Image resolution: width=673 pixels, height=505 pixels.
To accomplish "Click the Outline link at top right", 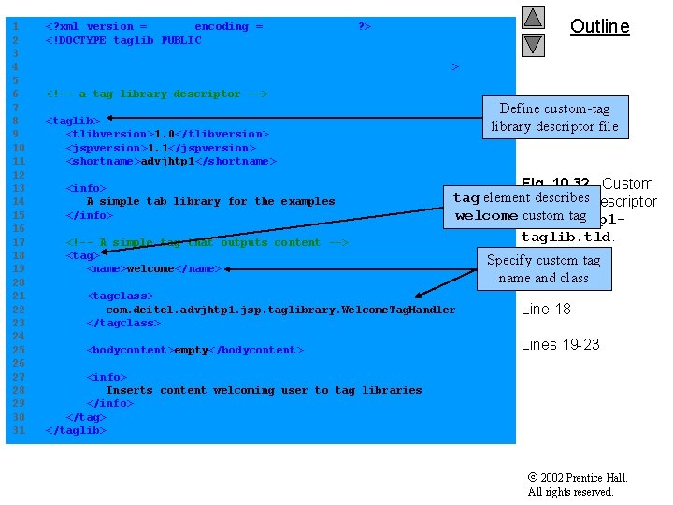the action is pos(599,26).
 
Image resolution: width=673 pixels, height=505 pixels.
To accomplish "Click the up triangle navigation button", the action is pos(533,17).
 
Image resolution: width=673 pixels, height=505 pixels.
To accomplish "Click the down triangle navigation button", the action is pos(533,44).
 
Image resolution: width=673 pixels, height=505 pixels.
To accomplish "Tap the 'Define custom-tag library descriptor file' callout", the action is pos(554,118).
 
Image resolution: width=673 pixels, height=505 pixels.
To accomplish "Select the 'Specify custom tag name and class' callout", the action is pos(543,268).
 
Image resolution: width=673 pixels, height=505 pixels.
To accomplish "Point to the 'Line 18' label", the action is pos(546,310).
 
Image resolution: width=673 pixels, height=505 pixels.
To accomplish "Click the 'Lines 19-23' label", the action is pos(560,344).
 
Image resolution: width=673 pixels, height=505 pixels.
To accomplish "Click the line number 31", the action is pos(14,431).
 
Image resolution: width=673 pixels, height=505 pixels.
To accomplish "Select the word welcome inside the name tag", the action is pos(150,269).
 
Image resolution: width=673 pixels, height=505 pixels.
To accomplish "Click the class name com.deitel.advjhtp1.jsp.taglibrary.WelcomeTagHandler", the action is pos(280,310).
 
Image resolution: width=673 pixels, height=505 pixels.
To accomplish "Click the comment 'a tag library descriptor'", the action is pos(159,94).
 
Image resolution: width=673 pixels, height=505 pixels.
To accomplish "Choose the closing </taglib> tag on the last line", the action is pos(77,431).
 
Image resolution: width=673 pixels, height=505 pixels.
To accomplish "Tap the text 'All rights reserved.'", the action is pos(570,492).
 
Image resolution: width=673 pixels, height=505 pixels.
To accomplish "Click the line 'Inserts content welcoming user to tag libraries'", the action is pos(264,391).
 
